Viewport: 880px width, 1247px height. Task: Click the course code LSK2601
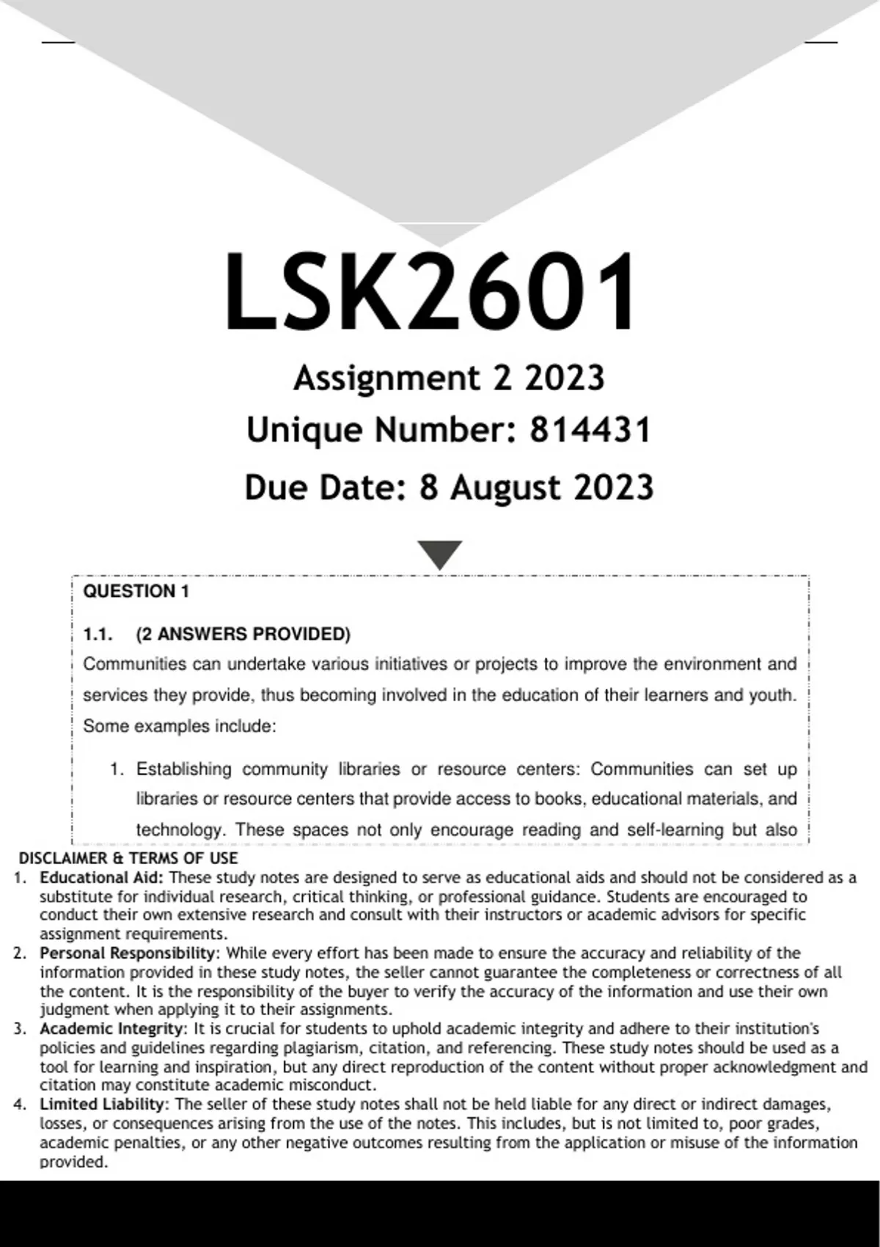coord(430,292)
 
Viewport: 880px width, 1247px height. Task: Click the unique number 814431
coord(590,430)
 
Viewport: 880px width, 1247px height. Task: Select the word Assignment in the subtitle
coord(386,379)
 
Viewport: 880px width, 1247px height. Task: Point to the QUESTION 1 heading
coord(136,592)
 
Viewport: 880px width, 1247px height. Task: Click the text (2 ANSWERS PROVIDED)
coord(243,635)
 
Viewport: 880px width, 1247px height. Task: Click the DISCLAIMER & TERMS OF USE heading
coord(128,858)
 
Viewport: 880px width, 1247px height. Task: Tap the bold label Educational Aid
coord(103,877)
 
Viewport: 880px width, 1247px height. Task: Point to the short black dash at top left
coord(58,42)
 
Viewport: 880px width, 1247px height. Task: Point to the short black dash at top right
coord(821,42)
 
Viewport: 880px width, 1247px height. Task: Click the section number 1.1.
coord(98,635)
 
